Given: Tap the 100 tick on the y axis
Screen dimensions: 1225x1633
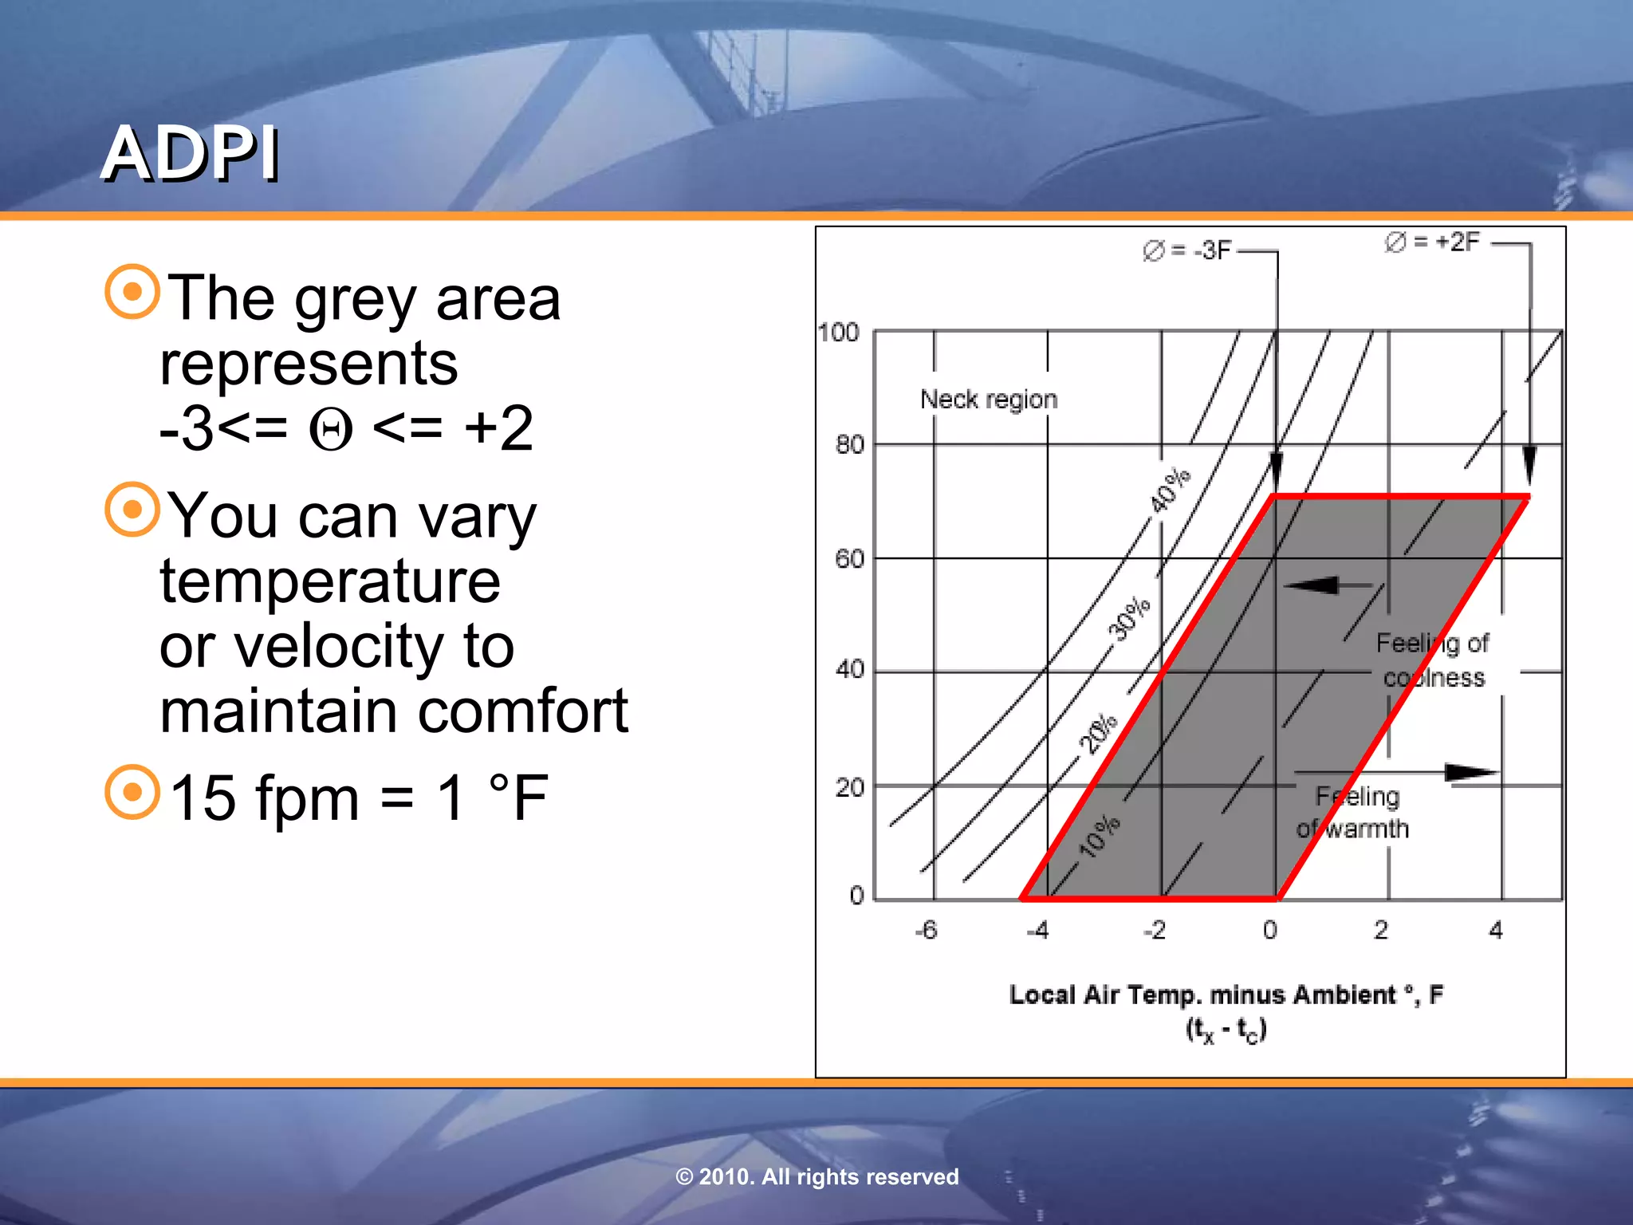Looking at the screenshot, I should point(839,333).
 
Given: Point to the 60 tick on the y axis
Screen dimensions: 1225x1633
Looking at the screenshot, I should point(849,558).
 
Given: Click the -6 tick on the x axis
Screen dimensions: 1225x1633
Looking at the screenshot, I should point(926,930).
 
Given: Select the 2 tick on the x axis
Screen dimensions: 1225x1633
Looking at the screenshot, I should point(1381,930).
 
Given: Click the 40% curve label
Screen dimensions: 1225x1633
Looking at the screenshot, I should point(1169,490).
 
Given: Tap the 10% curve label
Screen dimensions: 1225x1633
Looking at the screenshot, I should point(1099,837).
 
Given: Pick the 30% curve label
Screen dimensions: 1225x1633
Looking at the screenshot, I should point(1129,618).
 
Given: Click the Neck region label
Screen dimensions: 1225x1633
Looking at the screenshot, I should point(989,399).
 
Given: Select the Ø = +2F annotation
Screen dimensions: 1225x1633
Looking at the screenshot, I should point(1432,242).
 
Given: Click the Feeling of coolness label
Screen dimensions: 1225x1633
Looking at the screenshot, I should point(1432,660).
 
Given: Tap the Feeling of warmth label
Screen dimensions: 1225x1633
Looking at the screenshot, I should point(1354,812).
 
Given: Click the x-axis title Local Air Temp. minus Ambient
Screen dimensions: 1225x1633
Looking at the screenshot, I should point(1226,995).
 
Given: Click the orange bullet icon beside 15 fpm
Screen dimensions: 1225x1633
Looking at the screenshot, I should point(132,792).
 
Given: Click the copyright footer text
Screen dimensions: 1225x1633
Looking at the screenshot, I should point(816,1176).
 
